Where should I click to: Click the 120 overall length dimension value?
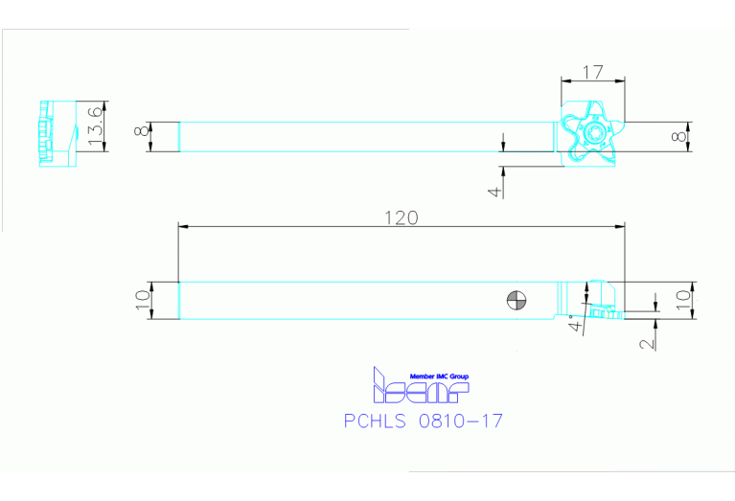(x=401, y=217)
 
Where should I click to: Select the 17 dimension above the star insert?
(x=592, y=71)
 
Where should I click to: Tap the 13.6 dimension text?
(x=95, y=126)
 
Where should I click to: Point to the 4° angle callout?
(x=574, y=322)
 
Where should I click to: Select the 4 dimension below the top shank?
(x=494, y=191)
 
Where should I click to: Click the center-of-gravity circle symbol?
(x=517, y=301)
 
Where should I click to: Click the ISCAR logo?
(x=420, y=388)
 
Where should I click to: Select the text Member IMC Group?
(x=439, y=376)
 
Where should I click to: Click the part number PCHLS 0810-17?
(x=423, y=421)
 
